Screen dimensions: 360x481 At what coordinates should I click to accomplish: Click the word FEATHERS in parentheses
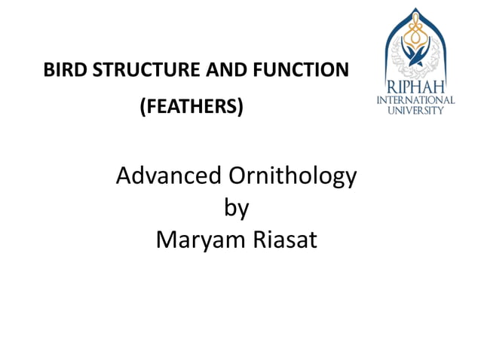click(x=191, y=108)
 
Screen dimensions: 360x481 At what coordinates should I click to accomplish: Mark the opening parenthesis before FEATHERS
click(x=143, y=108)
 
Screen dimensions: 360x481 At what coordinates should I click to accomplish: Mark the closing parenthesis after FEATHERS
click(x=240, y=108)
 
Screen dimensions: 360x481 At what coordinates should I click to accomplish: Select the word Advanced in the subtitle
click(x=164, y=177)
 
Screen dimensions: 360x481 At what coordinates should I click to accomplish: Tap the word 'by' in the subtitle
click(x=236, y=209)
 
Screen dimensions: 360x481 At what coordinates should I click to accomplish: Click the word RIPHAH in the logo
click(x=418, y=85)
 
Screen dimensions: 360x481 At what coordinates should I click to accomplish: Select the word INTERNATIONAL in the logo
click(x=418, y=99)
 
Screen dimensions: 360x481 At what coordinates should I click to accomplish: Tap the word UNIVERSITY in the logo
click(x=418, y=110)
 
